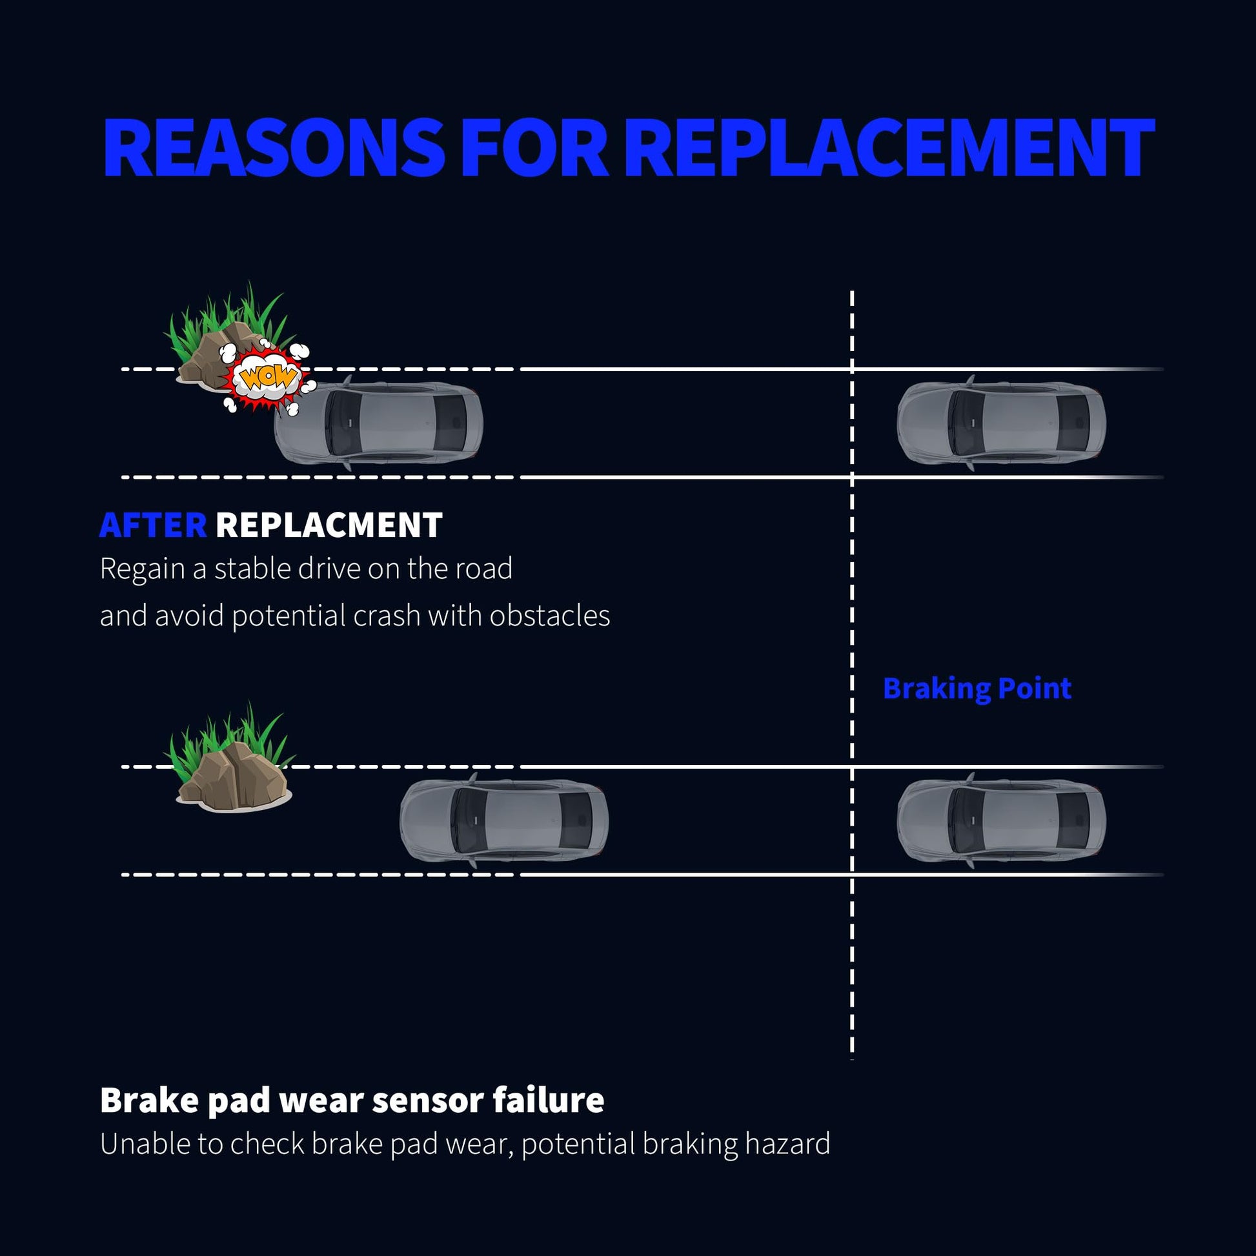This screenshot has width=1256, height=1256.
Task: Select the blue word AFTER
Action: point(153,525)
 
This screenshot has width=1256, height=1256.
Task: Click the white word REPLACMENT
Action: point(329,525)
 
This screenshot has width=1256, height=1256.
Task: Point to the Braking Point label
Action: point(977,689)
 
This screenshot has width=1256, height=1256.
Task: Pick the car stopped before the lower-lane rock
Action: point(504,820)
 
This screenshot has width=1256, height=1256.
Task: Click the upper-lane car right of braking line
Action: point(1001,423)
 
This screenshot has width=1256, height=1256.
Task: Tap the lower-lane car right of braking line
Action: point(1001,820)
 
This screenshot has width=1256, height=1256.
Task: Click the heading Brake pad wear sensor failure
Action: point(352,1100)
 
